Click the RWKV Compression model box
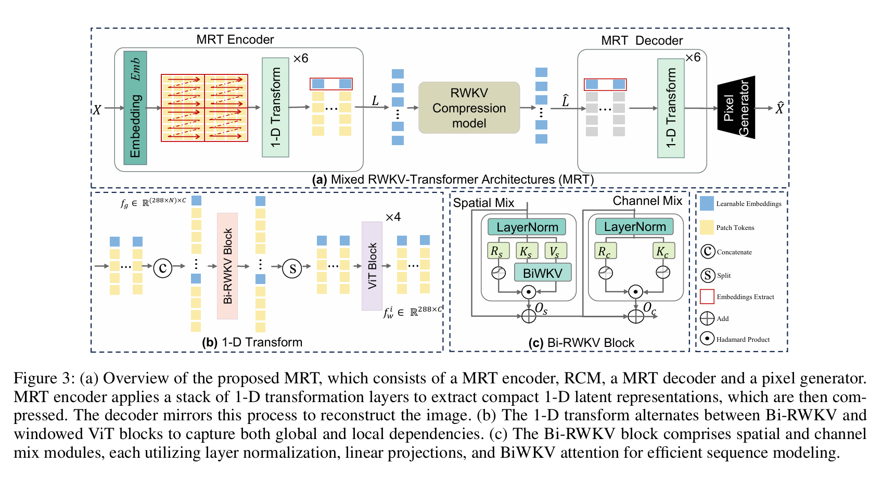[x=469, y=108]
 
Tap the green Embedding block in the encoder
[x=135, y=108]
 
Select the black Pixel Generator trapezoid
[x=736, y=108]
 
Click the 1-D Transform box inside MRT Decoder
[x=671, y=108]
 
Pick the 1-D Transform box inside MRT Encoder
[x=276, y=108]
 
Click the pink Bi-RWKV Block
[x=227, y=266]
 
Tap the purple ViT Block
[x=372, y=266]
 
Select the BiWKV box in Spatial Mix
[x=543, y=273]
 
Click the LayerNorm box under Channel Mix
[x=634, y=227]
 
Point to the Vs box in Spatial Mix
[x=556, y=251]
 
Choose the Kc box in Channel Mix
[x=663, y=251]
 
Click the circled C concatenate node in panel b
[x=163, y=268]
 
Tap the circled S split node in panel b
[x=292, y=268]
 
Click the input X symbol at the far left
[x=97, y=109]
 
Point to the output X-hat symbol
[x=779, y=108]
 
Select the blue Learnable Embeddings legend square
[x=707, y=203]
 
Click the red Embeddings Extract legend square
[x=707, y=296]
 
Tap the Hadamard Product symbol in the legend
[x=707, y=339]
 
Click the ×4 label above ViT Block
[x=393, y=217]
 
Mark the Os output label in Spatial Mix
[x=541, y=309]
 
